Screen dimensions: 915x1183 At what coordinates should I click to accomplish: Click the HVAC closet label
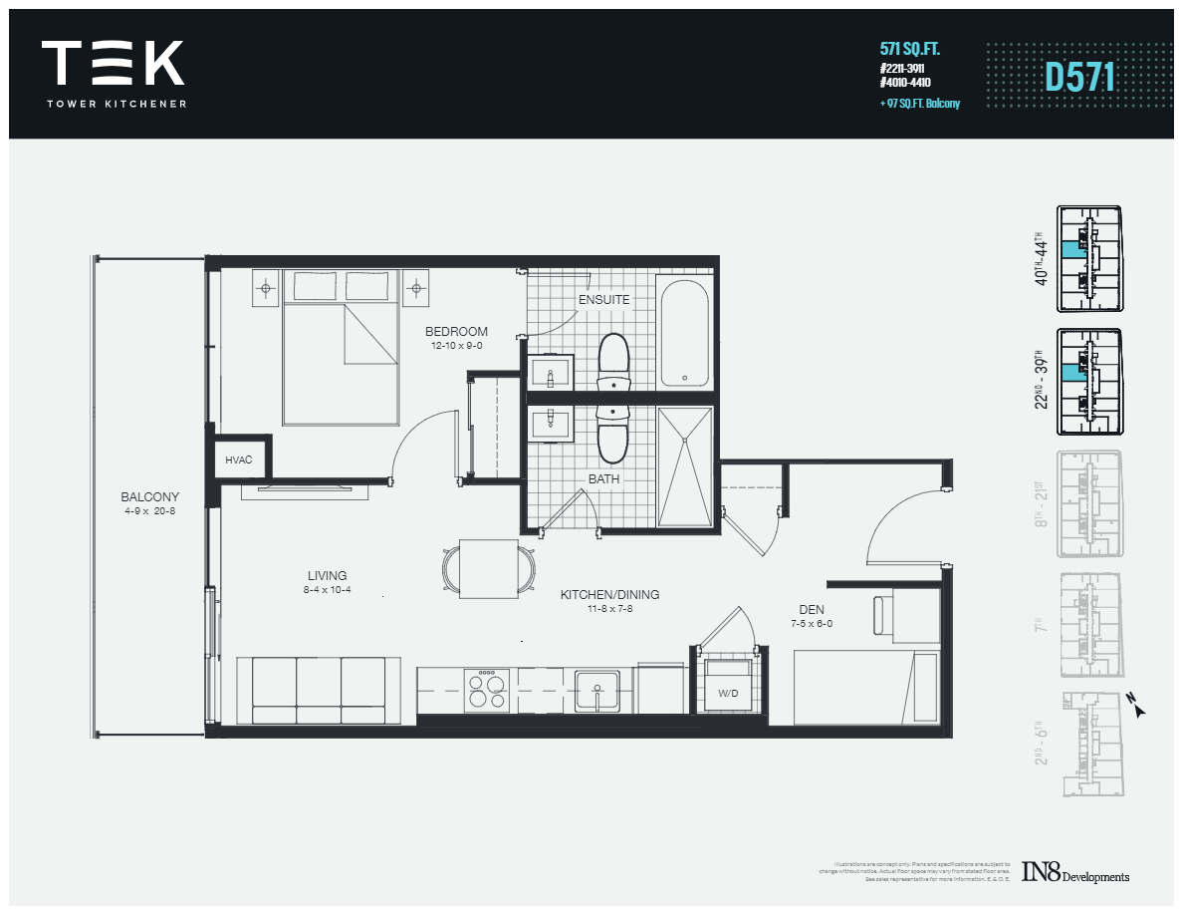(239, 459)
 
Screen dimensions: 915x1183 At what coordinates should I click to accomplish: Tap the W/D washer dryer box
(727, 688)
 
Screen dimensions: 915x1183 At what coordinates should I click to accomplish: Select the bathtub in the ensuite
(684, 334)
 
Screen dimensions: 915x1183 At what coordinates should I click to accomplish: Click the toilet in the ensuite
(613, 361)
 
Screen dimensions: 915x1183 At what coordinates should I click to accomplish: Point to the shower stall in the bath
(685, 466)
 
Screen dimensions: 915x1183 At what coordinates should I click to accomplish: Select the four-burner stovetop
(488, 688)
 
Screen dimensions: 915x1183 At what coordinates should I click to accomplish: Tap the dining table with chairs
(488, 569)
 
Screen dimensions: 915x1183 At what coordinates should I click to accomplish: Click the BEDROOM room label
(456, 332)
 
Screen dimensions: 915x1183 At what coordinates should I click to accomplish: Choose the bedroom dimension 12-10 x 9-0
(456, 346)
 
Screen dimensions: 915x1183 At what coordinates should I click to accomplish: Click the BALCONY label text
(149, 496)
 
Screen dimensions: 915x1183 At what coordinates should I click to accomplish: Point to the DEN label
(812, 610)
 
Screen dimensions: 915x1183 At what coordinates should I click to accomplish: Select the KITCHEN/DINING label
(609, 595)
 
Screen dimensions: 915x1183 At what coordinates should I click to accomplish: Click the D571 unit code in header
(1079, 78)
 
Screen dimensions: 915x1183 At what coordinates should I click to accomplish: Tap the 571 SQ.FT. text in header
(910, 48)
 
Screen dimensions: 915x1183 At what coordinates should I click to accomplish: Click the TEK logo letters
(113, 63)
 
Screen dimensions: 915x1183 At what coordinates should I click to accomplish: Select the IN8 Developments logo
(1075, 874)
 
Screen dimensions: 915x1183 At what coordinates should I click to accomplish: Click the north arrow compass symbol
(1138, 707)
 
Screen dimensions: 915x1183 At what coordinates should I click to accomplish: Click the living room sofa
(319, 690)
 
